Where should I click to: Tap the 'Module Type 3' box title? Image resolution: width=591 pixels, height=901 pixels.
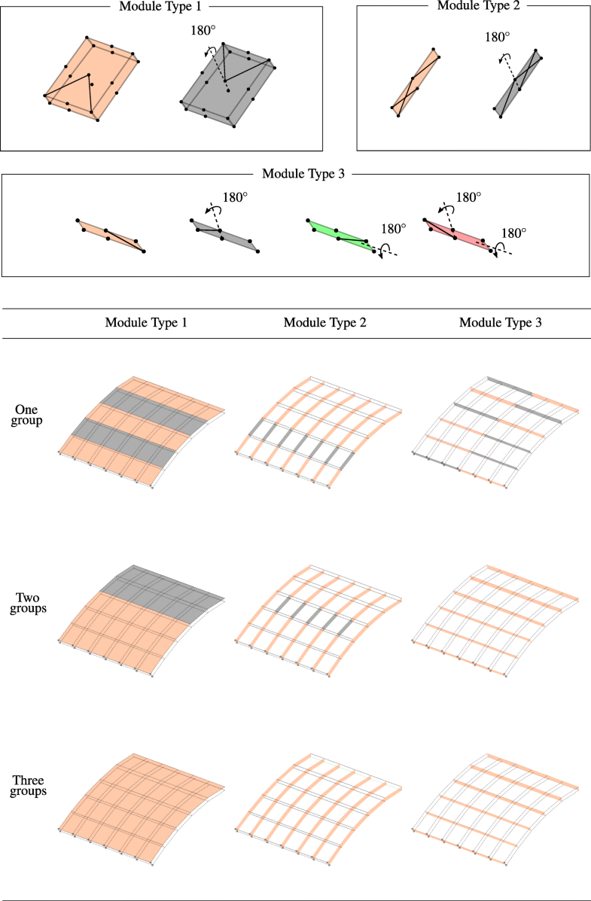click(x=303, y=174)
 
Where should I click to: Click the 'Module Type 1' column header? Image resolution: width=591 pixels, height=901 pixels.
click(x=146, y=323)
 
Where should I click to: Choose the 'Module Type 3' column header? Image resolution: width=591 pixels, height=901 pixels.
click(x=500, y=323)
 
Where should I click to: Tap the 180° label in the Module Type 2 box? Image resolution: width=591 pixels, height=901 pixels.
click(x=496, y=36)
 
